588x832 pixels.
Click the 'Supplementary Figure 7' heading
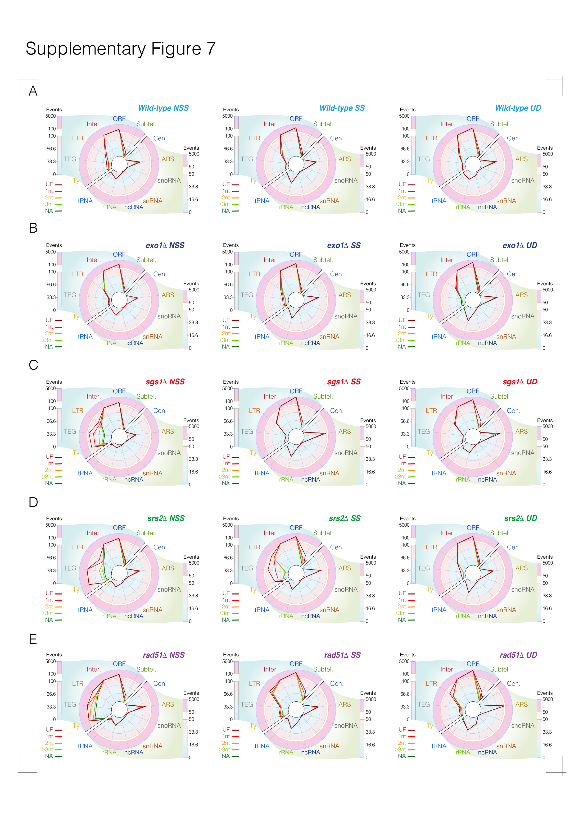tap(121, 49)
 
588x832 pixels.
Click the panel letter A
tap(33, 91)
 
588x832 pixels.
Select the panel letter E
tap(33, 639)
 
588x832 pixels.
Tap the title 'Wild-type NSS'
tap(163, 108)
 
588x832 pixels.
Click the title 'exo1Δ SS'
tap(344, 245)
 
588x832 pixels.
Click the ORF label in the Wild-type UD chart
tap(472, 119)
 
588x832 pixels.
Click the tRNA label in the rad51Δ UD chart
tap(439, 746)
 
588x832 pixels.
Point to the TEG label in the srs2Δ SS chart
tap(247, 568)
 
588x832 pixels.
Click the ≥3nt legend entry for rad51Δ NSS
tap(52, 749)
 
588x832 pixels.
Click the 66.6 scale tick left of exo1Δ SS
tap(228, 285)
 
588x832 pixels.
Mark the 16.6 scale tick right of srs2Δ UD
tap(547, 608)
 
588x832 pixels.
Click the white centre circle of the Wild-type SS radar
tap(296, 164)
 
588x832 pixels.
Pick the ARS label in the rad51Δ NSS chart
tap(168, 704)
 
